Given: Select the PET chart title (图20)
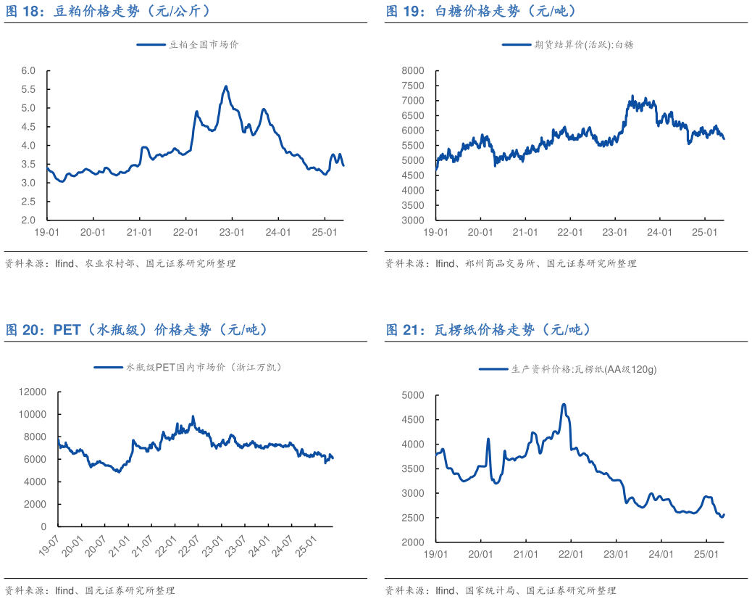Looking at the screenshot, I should (x=137, y=330).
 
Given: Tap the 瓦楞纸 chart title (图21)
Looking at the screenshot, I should (x=488, y=330).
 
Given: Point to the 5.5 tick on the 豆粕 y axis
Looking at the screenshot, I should (x=28, y=89).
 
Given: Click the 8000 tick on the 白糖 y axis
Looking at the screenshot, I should (x=412, y=70).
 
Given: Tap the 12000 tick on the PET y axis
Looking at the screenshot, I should (x=33, y=392).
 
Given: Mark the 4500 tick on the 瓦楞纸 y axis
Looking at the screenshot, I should (x=412, y=420).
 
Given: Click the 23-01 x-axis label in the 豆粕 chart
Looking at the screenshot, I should (x=232, y=233).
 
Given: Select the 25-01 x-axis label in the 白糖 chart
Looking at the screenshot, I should (x=704, y=233).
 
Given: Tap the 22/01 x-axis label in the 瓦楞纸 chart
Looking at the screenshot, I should (x=571, y=555).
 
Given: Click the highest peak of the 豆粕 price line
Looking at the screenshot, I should (x=226, y=86).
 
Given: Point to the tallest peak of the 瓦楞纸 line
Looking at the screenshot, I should (x=564, y=405).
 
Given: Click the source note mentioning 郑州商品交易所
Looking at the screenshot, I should (x=510, y=264).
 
